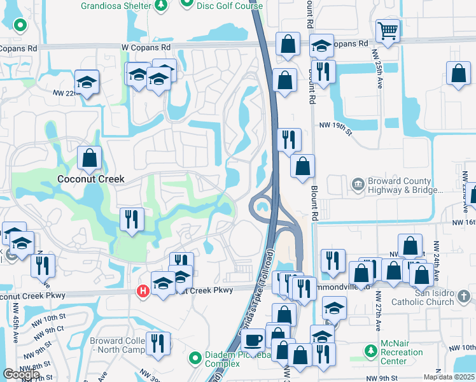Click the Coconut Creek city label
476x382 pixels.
pyautogui.click(x=90, y=179)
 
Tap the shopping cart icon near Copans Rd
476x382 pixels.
pyautogui.click(x=388, y=29)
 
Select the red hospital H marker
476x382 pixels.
pyautogui.click(x=144, y=291)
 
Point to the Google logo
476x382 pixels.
pyautogui.click(x=21, y=374)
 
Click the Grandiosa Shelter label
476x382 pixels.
pyautogui.click(x=116, y=6)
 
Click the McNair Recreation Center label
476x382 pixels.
pyautogui.click(x=403, y=352)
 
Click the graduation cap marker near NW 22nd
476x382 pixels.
pyautogui.click(x=86, y=82)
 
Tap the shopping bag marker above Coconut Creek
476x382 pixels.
pyautogui.click(x=90, y=158)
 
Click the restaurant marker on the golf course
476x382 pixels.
pyautogui.click(x=132, y=220)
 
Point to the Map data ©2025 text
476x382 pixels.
pyautogui.click(x=449, y=377)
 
